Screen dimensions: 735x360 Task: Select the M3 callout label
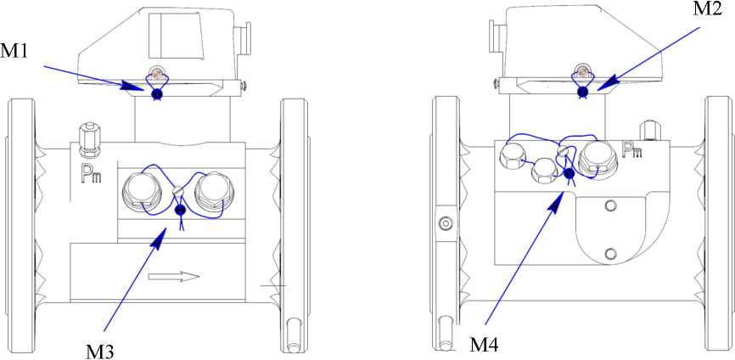pos(100,352)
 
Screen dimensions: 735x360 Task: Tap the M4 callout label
pos(485,345)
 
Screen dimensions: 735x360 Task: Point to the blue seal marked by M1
pos(158,94)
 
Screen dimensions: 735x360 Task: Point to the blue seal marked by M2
pos(583,92)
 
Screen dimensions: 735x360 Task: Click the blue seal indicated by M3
pos(180,211)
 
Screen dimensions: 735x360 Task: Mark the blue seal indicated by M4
pos(569,174)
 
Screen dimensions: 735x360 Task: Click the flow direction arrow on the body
pos(174,277)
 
